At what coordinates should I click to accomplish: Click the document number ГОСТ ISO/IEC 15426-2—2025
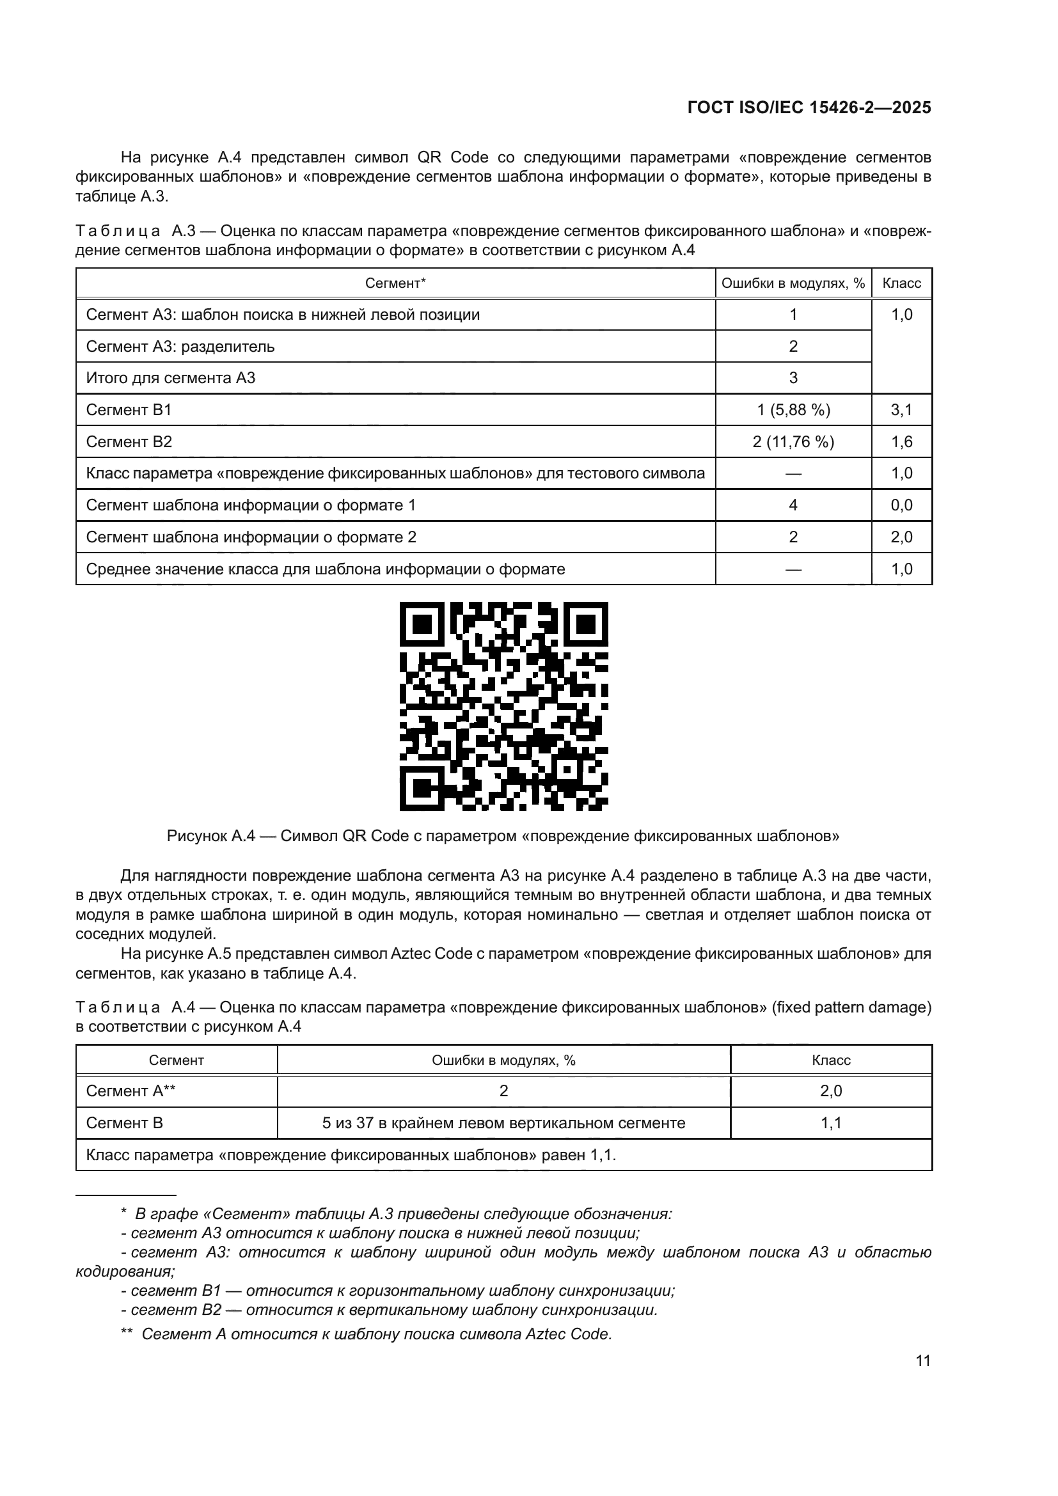[809, 108]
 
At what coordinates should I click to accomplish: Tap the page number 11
[922, 1360]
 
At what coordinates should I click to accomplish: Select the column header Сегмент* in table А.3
[395, 283]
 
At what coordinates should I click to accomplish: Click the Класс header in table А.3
[902, 283]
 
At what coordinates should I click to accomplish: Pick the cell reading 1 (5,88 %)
[793, 410]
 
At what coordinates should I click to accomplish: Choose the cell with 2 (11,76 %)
[793, 442]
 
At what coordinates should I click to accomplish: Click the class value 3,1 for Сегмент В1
[902, 410]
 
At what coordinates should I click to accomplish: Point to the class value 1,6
[902, 442]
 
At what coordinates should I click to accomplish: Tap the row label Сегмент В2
[129, 442]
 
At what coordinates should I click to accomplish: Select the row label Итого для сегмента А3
[171, 378]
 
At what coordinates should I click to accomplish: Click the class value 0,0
[902, 505]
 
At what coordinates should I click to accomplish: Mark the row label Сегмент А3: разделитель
[180, 347]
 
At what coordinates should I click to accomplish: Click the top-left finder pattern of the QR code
[422, 624]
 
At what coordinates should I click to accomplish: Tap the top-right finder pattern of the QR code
[586, 624]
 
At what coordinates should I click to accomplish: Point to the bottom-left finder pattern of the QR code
[422, 788]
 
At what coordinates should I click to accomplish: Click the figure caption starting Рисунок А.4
[503, 836]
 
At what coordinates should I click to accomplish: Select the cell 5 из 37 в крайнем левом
[503, 1122]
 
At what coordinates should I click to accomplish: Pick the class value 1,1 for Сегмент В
[831, 1122]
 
